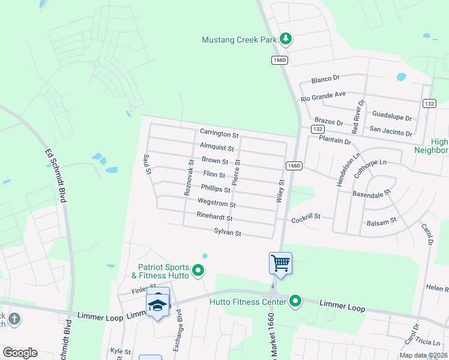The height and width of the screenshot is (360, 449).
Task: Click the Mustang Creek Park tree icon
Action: coord(286,40)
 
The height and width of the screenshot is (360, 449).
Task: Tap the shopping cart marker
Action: coord(280,263)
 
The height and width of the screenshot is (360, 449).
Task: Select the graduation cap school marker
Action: coord(158,304)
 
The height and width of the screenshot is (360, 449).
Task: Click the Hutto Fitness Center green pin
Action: coord(295,301)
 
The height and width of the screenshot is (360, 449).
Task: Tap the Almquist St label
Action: coord(217,147)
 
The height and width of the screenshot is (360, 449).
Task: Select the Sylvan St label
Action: coord(228,232)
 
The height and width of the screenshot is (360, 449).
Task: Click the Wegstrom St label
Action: coord(216,204)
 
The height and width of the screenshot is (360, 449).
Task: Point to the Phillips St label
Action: coord(215,189)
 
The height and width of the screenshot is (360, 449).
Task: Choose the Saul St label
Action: coord(146,164)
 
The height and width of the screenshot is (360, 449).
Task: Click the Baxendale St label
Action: coord(372,193)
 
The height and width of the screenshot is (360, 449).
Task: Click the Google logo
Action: coord(20,353)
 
